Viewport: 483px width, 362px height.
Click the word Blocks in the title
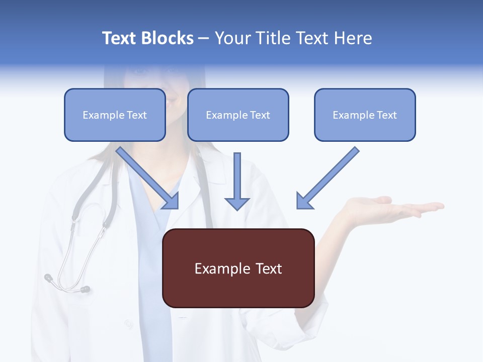pos(167,38)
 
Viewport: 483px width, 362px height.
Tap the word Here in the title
pos(352,38)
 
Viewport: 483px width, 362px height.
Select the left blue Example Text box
pos(115,115)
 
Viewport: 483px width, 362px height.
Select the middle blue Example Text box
pos(238,115)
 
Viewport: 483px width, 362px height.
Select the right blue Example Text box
pos(365,115)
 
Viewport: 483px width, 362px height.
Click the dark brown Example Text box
pos(238,268)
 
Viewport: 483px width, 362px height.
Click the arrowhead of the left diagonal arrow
pos(171,201)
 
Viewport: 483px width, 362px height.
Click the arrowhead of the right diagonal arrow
pos(304,201)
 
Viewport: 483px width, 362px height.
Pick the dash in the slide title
pos(204,39)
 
